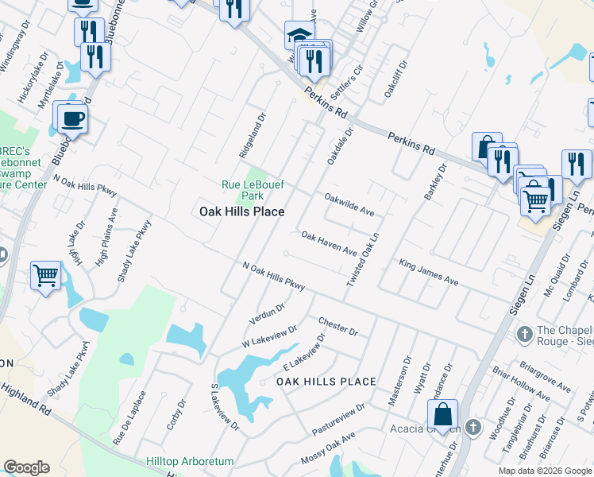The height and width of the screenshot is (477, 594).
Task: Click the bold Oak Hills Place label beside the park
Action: coord(241,211)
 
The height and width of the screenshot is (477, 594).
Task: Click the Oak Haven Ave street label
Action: coord(329,244)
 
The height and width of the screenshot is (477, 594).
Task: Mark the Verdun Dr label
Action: coord(266,314)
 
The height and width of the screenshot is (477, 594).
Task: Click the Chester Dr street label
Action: coord(338,327)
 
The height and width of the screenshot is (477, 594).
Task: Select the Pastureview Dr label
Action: coord(338,419)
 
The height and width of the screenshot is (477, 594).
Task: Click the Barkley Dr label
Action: coord(435,181)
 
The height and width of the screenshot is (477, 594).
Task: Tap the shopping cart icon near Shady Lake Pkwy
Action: coord(45,276)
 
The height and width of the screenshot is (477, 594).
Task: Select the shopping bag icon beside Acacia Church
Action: coord(442,414)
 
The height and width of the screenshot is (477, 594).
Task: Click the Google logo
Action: coord(26,467)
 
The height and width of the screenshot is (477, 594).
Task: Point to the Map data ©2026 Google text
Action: coord(544,471)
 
